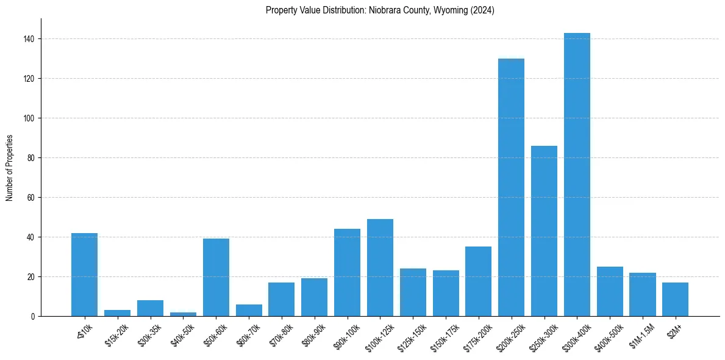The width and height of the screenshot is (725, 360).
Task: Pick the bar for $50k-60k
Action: click(x=216, y=277)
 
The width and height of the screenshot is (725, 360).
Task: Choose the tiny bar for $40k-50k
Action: click(x=183, y=314)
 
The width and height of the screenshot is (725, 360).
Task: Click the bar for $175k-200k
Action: click(x=478, y=281)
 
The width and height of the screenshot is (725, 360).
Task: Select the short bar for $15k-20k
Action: click(x=117, y=313)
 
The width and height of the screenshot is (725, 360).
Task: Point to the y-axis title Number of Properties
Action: click(x=9, y=168)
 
